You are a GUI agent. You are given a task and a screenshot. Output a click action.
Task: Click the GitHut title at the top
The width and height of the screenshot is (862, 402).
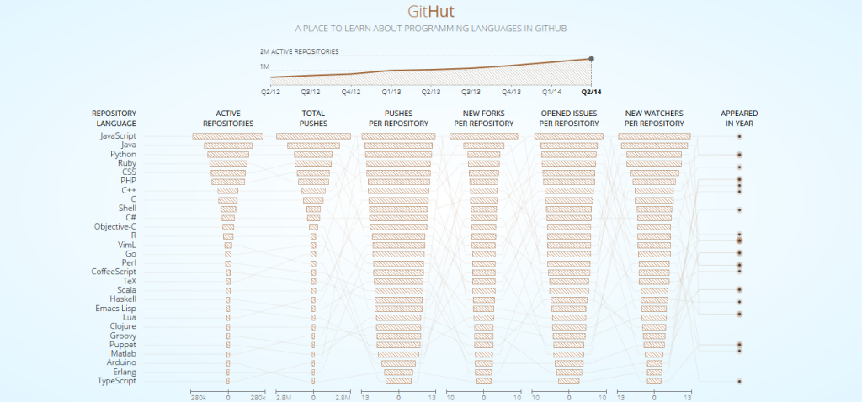[x=430, y=12]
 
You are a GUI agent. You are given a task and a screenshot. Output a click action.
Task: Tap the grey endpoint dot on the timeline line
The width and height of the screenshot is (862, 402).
[x=591, y=58]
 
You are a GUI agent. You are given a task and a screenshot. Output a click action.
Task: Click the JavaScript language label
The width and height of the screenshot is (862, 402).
[x=118, y=135]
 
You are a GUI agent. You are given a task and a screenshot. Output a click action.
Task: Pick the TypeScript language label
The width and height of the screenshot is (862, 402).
[x=117, y=381]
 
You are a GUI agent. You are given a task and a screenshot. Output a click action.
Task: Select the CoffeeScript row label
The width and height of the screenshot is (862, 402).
[x=114, y=272]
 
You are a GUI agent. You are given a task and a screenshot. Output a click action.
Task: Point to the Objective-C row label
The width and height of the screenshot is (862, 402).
[x=115, y=226]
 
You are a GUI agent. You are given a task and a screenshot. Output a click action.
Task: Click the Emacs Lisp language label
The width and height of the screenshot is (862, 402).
[x=115, y=308]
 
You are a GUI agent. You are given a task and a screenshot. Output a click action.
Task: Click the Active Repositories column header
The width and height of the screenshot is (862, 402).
[x=227, y=118]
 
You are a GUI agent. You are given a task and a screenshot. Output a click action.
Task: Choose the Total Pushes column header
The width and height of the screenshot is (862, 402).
[x=313, y=118]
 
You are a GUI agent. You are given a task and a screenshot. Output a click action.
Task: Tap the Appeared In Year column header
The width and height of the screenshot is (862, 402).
[x=738, y=118]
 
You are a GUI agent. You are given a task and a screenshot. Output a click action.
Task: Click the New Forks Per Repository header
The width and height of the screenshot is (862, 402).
[x=483, y=118]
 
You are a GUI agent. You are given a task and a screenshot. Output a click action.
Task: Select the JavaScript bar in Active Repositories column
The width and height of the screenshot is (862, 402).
[x=227, y=136]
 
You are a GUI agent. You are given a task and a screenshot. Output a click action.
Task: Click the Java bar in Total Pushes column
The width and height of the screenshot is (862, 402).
[x=313, y=145]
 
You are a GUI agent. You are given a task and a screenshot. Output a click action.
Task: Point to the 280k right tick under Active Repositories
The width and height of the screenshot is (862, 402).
[x=258, y=396]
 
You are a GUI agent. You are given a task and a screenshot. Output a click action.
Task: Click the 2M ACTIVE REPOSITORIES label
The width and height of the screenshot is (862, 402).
[x=299, y=51]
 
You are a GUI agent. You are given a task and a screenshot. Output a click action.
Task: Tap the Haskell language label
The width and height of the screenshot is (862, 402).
[x=123, y=299]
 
